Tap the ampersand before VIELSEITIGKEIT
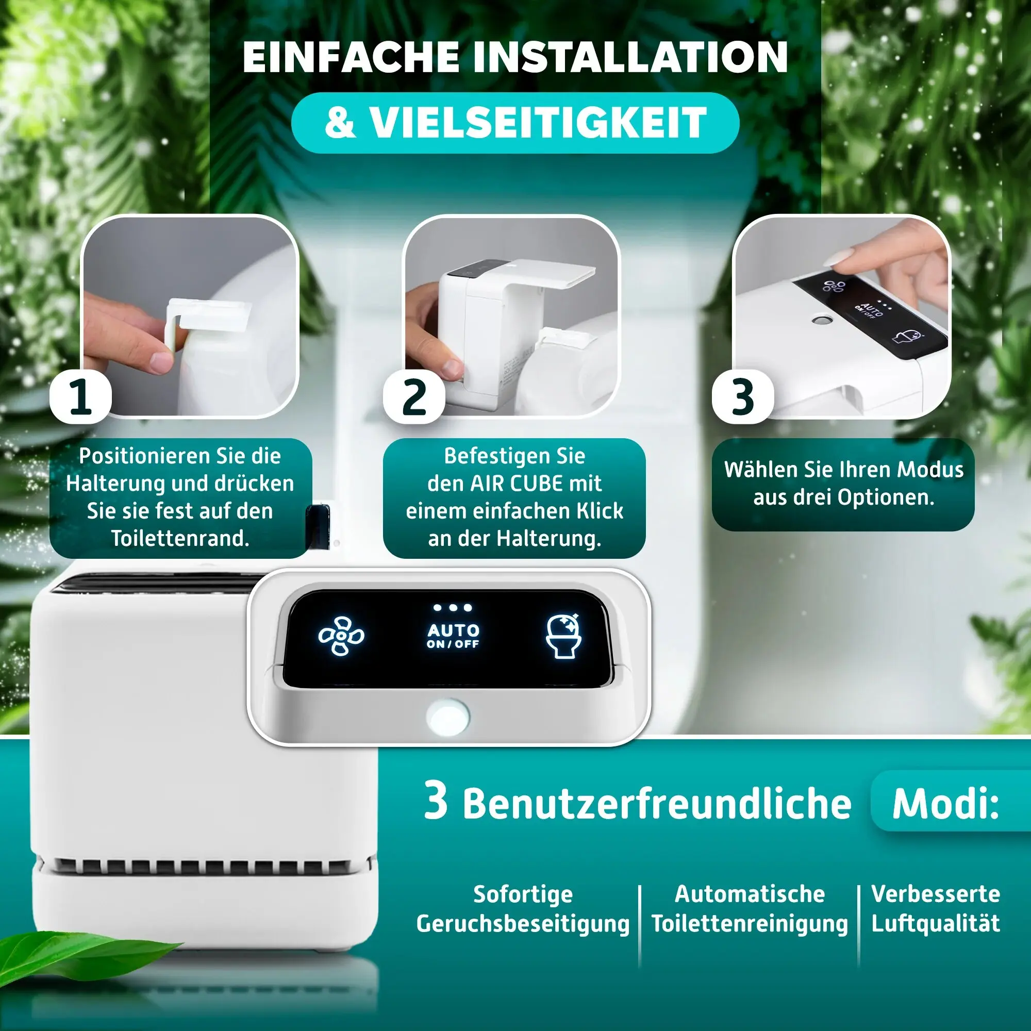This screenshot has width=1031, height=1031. [x=340, y=123]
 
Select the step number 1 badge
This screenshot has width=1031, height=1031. [x=80, y=397]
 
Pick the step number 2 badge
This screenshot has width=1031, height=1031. [x=414, y=397]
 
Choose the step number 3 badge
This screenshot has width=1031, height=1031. [x=743, y=397]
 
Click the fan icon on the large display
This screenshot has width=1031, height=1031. [x=342, y=636]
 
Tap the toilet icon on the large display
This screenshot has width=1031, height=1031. [x=563, y=636]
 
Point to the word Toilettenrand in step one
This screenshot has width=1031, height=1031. [x=180, y=539]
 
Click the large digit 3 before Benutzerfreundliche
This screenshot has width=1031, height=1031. [x=436, y=801]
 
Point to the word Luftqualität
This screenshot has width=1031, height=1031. [x=936, y=924]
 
